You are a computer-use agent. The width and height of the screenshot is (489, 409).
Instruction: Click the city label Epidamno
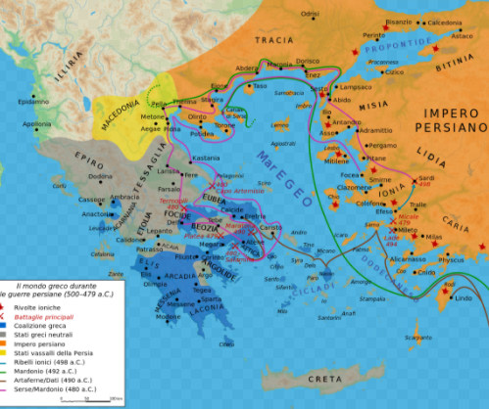(33, 101)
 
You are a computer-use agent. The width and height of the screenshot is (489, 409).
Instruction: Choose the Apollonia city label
(37, 124)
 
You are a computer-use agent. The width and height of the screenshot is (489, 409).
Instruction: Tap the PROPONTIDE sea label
(397, 46)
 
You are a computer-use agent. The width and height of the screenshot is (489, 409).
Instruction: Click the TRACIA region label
(274, 39)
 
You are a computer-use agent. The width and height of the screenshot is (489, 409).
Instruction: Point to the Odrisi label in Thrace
(311, 14)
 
